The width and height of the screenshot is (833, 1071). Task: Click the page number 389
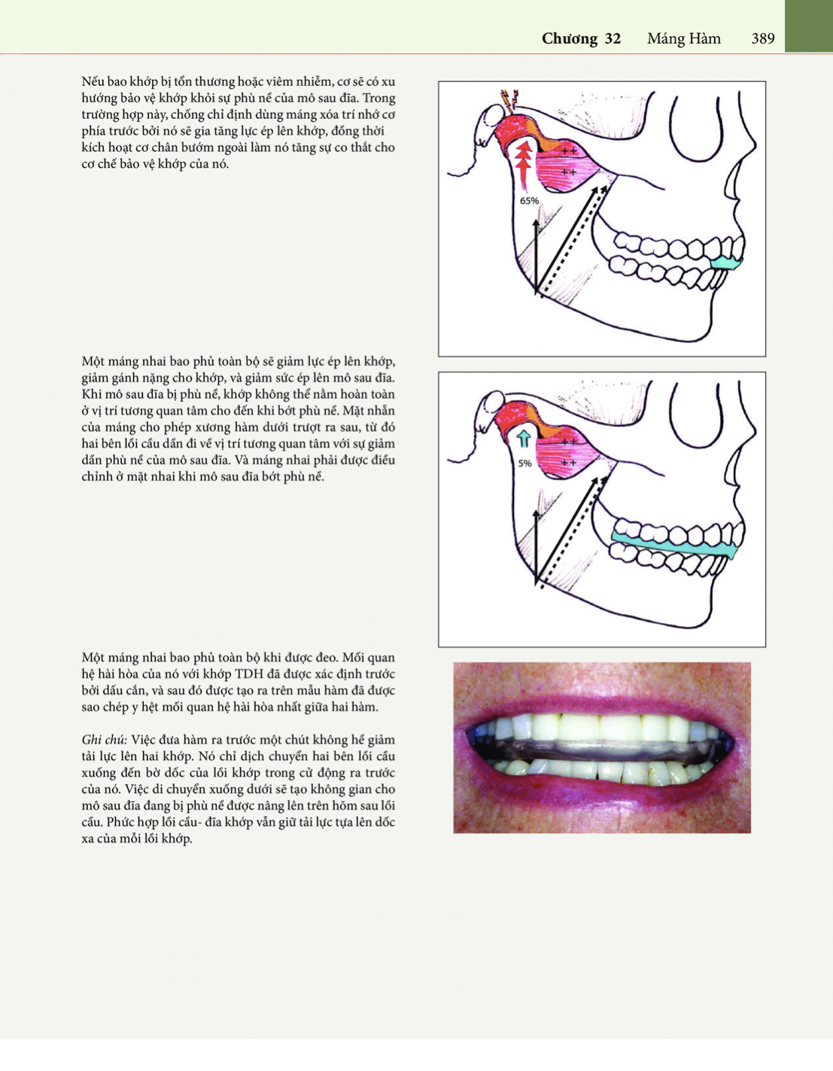(762, 38)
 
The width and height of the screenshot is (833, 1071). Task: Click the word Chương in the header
(570, 39)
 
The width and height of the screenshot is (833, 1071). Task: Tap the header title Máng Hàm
(684, 38)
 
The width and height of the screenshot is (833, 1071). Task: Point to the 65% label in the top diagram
(530, 201)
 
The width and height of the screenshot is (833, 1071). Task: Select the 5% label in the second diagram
(524, 464)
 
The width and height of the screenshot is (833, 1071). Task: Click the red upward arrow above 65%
(523, 166)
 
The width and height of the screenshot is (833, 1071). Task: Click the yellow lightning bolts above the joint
(509, 99)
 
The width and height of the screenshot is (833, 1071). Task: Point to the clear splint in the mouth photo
(601, 752)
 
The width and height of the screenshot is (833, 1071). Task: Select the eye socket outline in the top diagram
(704, 126)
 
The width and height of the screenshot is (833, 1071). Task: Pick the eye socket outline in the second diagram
(704, 416)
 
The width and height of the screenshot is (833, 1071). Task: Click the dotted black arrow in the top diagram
(574, 242)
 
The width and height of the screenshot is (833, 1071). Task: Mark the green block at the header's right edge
(809, 26)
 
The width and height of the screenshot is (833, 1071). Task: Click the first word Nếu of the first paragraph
(93, 81)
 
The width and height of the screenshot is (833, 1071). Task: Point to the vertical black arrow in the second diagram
(536, 547)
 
